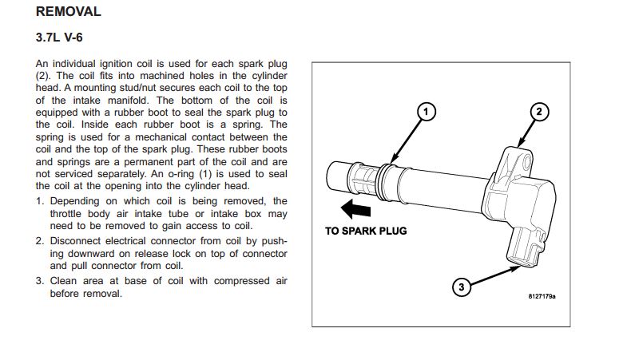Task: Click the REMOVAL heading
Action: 69,11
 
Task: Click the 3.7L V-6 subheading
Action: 59,38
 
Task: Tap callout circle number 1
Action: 427,112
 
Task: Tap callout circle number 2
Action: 539,112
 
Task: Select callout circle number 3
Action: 462,287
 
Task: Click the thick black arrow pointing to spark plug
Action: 355,209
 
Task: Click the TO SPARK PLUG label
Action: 366,231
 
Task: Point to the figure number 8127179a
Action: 542,296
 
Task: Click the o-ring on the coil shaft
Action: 384,182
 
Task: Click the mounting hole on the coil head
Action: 527,162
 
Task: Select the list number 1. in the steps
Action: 40,201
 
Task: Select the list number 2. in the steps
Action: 40,241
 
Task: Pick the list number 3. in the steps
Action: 40,281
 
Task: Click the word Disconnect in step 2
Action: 74,241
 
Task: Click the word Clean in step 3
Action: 63,281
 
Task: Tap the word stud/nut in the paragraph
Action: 137,88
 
